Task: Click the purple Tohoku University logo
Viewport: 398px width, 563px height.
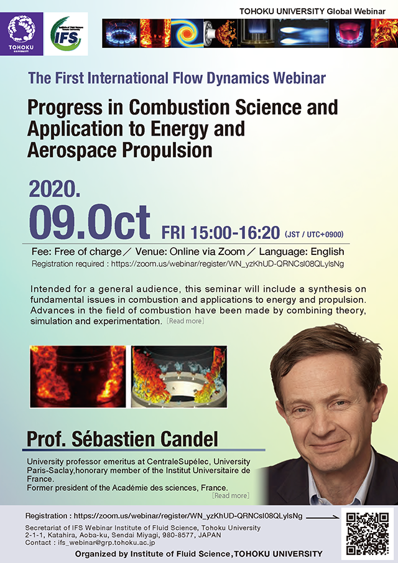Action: (x=22, y=34)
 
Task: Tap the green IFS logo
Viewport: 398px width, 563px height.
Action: (x=66, y=34)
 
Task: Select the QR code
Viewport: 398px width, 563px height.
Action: (x=367, y=534)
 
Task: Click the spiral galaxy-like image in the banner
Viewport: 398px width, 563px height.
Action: (x=187, y=34)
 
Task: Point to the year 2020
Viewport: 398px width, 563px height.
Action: (x=55, y=189)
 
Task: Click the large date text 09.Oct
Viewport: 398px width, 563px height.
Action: (x=90, y=223)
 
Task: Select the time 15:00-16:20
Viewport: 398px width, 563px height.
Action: (x=235, y=233)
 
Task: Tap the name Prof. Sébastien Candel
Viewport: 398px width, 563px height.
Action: (x=123, y=439)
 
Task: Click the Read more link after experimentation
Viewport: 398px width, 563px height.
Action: (x=185, y=321)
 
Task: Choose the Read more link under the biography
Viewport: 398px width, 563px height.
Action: (x=231, y=495)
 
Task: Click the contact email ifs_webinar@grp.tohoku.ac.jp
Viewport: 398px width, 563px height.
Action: (x=106, y=542)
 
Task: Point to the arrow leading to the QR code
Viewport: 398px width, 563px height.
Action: (x=323, y=517)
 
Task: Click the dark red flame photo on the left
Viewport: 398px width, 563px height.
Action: (x=78, y=376)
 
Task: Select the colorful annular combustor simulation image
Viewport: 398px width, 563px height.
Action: (x=179, y=376)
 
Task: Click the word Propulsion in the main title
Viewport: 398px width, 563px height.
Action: (x=167, y=150)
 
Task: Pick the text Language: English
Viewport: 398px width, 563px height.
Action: (x=302, y=252)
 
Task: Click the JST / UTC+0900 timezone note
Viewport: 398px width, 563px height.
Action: (x=314, y=235)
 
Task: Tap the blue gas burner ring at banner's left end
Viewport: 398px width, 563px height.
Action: (x=121, y=34)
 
